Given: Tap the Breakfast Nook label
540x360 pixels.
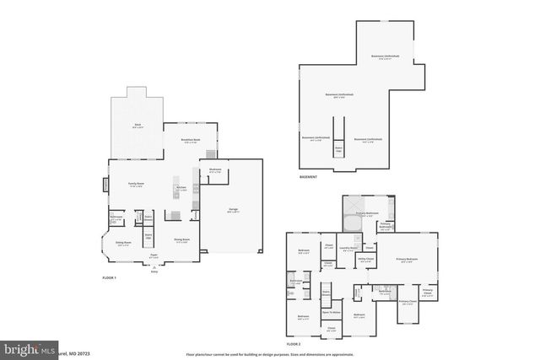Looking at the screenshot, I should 191,139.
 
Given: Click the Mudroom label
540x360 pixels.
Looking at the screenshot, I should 215,169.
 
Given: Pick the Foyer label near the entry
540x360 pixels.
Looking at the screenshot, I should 154,254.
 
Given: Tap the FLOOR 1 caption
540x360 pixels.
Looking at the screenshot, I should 109,277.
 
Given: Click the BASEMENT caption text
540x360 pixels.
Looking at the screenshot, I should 309,177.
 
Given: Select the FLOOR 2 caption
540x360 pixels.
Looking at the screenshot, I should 293,345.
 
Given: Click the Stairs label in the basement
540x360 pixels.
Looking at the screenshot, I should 339,148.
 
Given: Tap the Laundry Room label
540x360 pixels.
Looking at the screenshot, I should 346,248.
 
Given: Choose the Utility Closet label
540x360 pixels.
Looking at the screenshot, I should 365,259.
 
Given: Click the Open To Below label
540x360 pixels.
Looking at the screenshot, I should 331,311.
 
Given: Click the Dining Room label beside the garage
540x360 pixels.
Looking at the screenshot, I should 181,239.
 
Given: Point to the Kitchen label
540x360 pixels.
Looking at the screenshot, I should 181,187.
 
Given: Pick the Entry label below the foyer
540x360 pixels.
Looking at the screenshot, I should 154,272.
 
